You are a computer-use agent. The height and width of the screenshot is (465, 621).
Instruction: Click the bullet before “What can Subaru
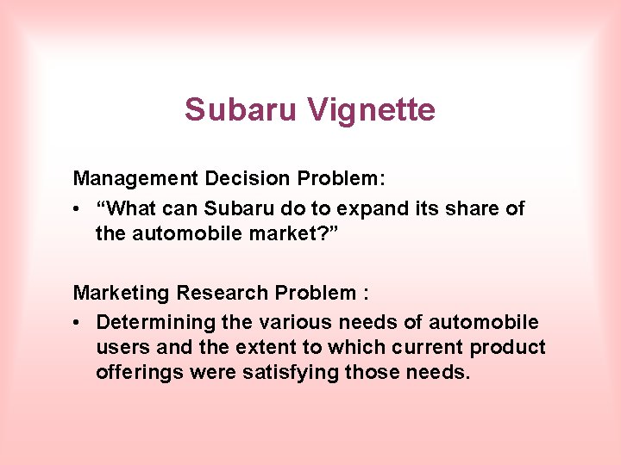tap(78, 209)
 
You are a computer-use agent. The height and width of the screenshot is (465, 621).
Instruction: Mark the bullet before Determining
tap(78, 323)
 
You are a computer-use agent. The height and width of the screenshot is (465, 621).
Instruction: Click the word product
tap(508, 348)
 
